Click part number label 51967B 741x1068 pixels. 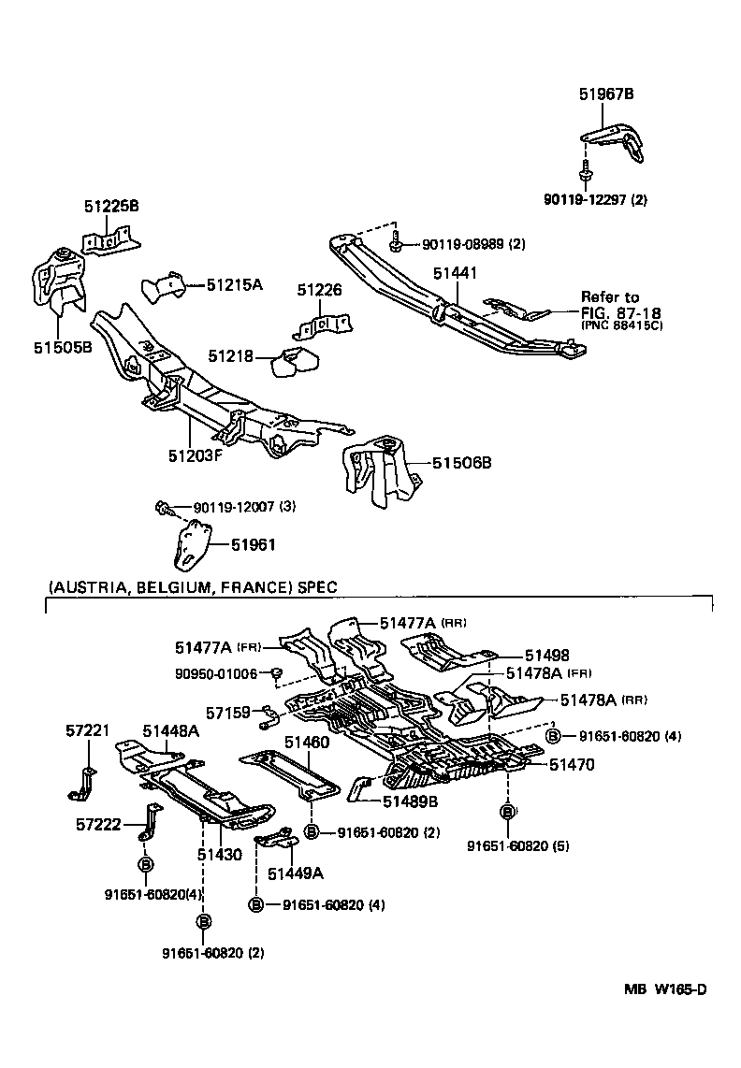click(x=605, y=94)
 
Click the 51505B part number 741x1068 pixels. click(x=63, y=347)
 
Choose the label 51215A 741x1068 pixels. click(x=235, y=283)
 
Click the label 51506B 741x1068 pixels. click(x=461, y=462)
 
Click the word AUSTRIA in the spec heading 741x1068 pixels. click(x=90, y=587)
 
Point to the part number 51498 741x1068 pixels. click(x=546, y=657)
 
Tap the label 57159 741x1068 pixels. click(x=228, y=713)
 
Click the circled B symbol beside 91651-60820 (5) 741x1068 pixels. click(x=507, y=812)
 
